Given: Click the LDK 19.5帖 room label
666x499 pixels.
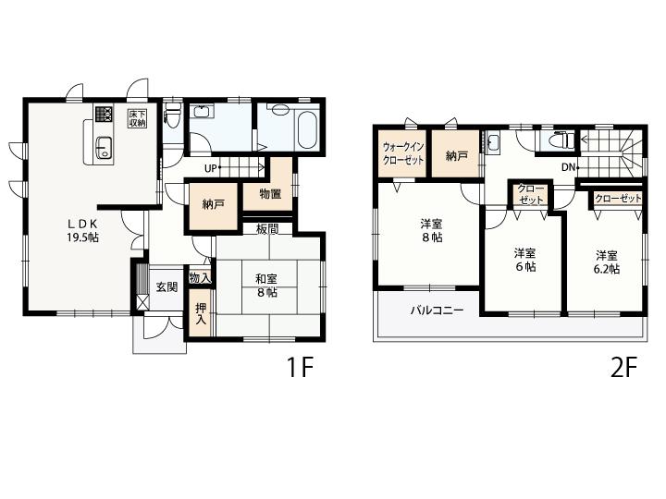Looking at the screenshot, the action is pos(82,230).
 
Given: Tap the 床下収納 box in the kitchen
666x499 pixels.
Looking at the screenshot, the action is pos(138,118).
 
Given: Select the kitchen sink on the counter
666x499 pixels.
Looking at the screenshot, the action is pos(104,148).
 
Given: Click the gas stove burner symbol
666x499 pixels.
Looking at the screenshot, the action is pos(104,114).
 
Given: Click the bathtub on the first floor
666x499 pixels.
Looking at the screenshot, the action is pos(307,128).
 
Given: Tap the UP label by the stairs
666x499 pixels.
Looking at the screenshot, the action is pos(211,168).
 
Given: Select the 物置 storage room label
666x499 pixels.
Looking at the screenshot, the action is pos(270,194).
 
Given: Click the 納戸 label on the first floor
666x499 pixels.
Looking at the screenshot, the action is pos(214,204).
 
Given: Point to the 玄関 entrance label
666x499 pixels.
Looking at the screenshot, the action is pos(166,287).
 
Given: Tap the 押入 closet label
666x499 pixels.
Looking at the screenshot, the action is pos(201,313).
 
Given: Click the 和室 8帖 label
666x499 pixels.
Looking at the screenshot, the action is pos(266,286).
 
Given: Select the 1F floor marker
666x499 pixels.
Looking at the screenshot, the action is pos(301,367).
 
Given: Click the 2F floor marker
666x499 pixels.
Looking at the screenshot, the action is pos(624,367).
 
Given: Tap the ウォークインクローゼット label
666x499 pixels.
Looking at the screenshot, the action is pos(403,153).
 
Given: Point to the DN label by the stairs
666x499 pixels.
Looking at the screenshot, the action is pos(568,167).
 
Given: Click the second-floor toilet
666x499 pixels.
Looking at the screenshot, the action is pos(561,140).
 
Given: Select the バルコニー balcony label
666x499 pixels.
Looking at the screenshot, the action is pos(437,310).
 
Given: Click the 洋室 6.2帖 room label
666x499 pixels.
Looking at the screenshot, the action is pos(607,262).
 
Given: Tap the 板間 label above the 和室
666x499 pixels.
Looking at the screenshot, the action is pos(267,229).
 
